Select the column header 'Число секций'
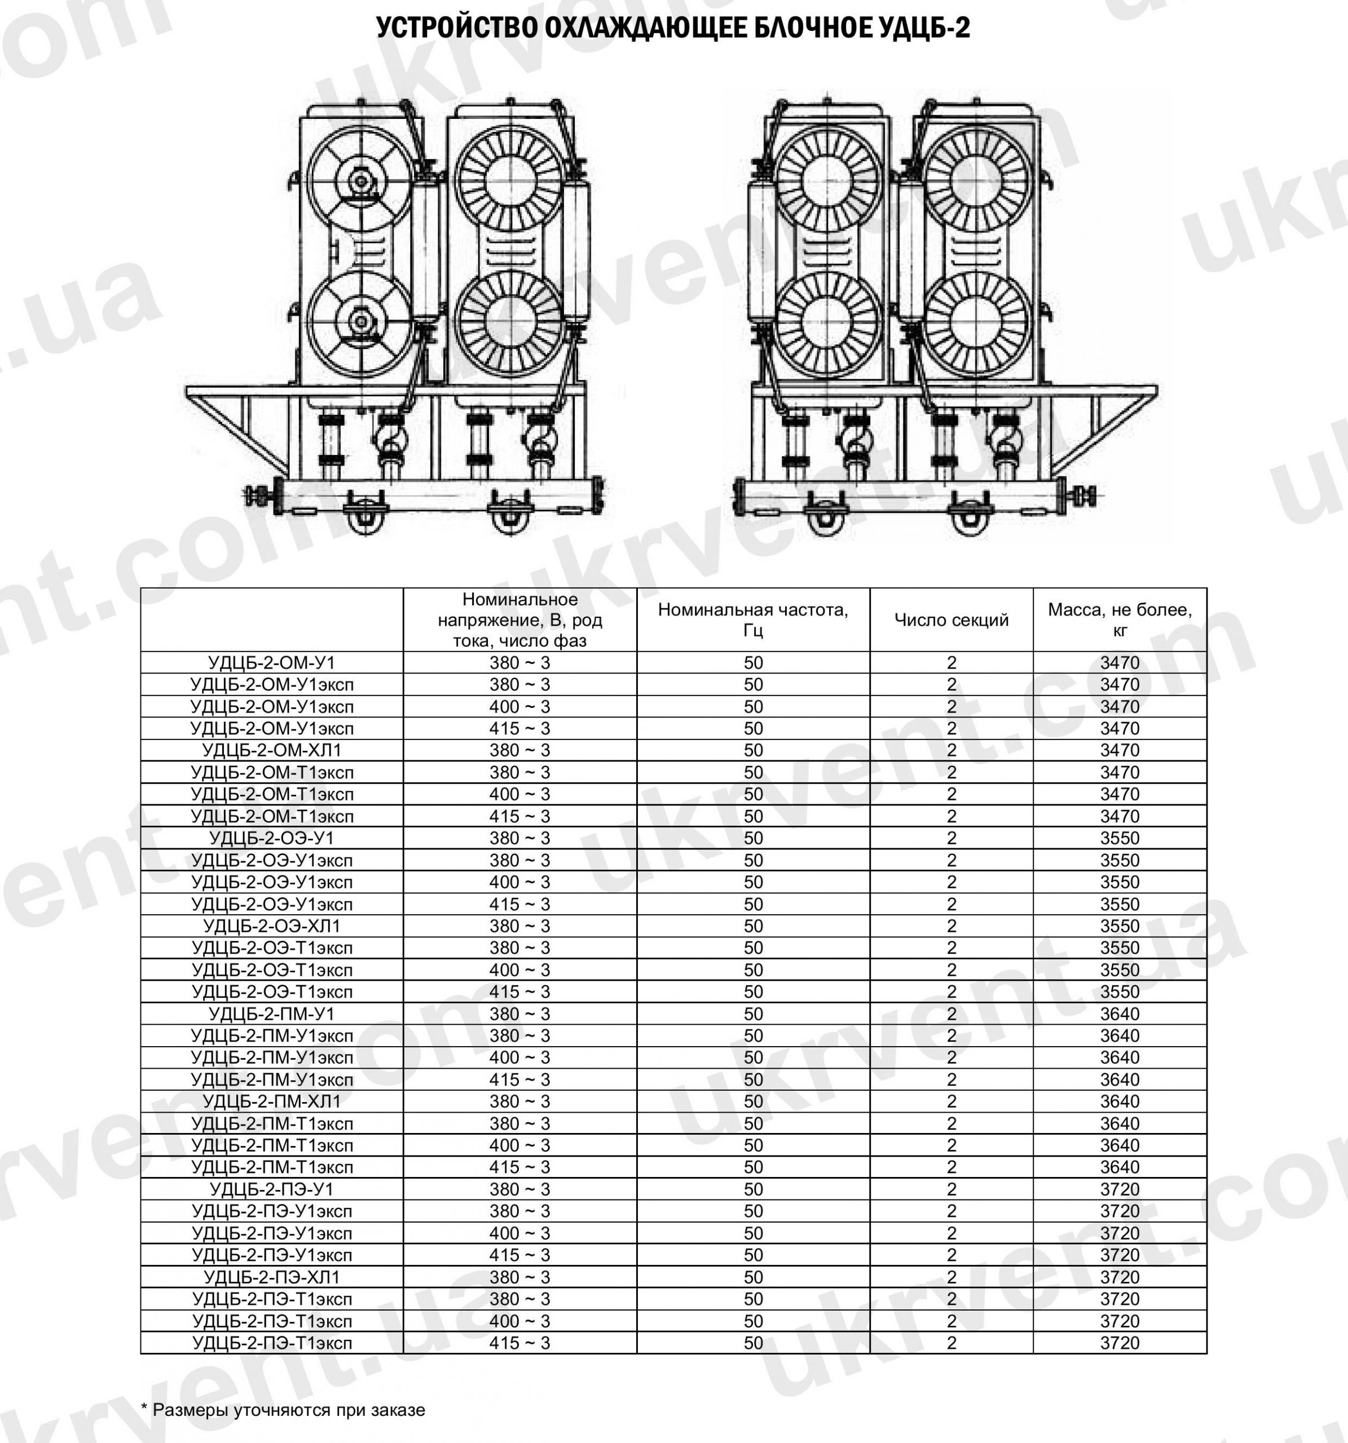pos(951,620)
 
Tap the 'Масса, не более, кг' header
pos(1119,620)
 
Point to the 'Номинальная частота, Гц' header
pos(753,620)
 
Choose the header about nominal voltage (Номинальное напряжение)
pos(519,620)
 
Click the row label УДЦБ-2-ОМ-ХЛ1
pos(272,750)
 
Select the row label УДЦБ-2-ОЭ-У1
pos(272,838)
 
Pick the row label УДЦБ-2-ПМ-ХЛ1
pos(272,1101)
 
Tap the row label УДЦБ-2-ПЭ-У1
pos(272,1189)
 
